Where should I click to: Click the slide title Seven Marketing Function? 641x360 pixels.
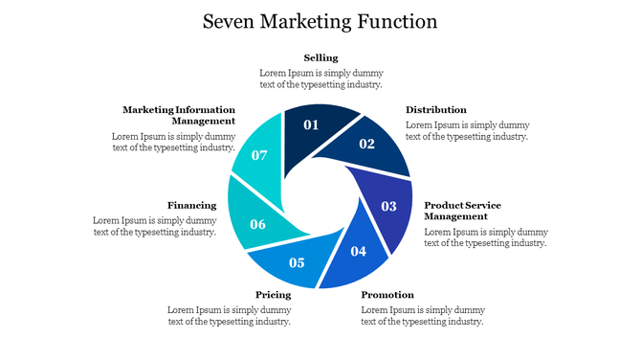(x=320, y=21)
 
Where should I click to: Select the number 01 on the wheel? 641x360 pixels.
(x=311, y=124)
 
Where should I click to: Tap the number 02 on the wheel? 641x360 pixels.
(x=366, y=144)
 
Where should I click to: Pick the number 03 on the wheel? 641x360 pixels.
(x=388, y=206)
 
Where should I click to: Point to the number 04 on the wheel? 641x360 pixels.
(x=358, y=251)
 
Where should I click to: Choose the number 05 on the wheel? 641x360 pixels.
(x=297, y=262)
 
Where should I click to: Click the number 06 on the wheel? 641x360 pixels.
(x=257, y=224)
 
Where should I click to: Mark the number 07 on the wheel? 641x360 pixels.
(x=259, y=155)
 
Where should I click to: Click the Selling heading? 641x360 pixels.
(x=320, y=58)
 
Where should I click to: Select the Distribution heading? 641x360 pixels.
(x=436, y=110)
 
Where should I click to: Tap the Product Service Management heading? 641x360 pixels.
(x=463, y=211)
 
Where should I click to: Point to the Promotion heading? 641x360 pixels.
(x=387, y=295)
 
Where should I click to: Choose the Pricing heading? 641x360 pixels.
(x=273, y=295)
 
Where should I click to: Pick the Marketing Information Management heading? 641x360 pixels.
(x=179, y=115)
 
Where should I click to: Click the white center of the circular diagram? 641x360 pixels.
(x=320, y=195)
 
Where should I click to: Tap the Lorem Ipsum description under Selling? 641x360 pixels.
(x=320, y=79)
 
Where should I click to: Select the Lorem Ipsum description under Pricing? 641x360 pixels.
(x=229, y=316)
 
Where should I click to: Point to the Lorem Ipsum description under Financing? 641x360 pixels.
(x=155, y=226)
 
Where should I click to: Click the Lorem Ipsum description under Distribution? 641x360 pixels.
(x=467, y=130)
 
